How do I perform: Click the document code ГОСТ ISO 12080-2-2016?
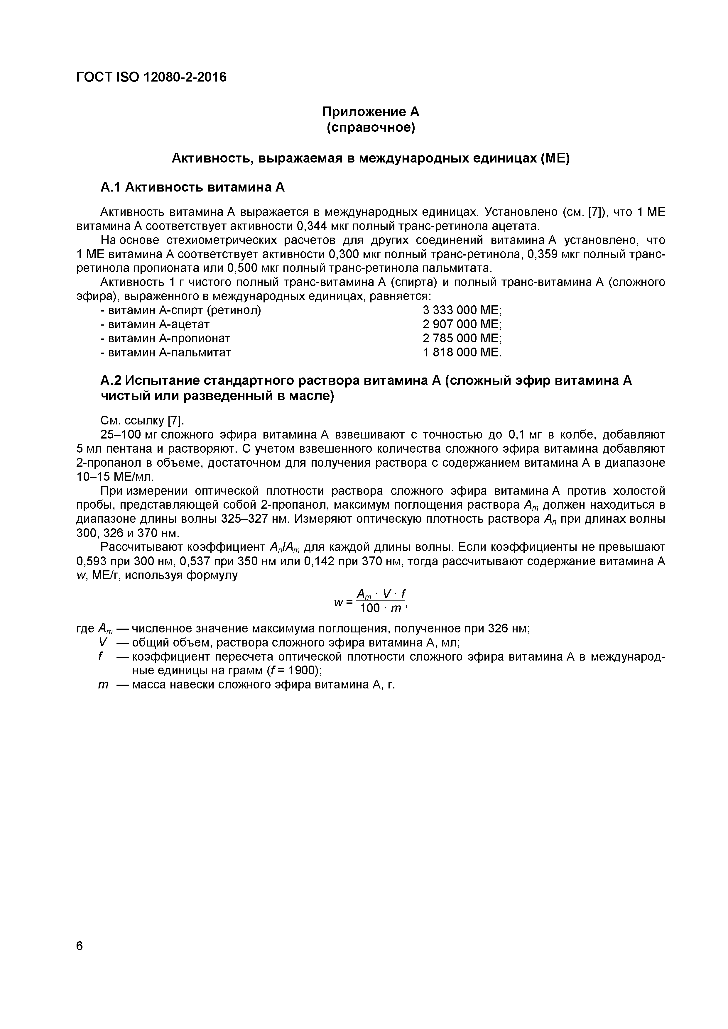pyautogui.click(x=151, y=77)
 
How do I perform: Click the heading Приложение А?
pyautogui.click(x=371, y=111)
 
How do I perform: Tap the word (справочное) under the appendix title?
pyautogui.click(x=371, y=128)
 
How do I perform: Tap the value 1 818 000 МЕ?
pyautogui.click(x=462, y=352)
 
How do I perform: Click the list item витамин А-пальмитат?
pyautogui.click(x=165, y=352)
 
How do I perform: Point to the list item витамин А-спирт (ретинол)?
pyautogui.click(x=180, y=310)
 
